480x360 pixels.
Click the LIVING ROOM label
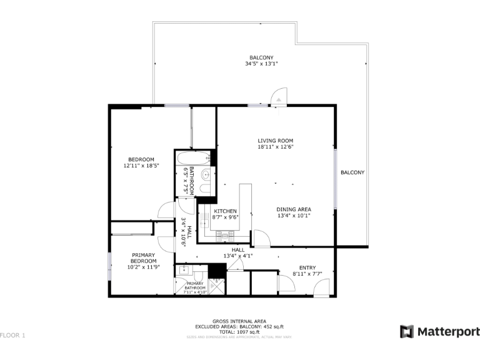pyautogui.click(x=275, y=141)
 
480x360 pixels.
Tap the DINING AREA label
pyautogui.click(x=294, y=209)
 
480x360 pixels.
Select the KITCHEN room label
pyautogui.click(x=225, y=211)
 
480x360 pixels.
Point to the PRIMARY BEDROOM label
pyautogui.click(x=143, y=258)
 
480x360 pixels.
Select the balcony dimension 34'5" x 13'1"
pyautogui.click(x=261, y=64)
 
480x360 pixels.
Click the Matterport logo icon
pyautogui.click(x=407, y=331)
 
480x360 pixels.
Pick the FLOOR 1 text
pyautogui.click(x=12, y=336)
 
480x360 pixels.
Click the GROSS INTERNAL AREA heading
pyautogui.click(x=239, y=321)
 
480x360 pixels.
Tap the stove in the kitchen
pyautogui.click(x=224, y=235)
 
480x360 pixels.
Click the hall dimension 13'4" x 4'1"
pyautogui.click(x=238, y=256)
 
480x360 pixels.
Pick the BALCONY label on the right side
pyautogui.click(x=352, y=172)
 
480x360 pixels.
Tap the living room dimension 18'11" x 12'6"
pyautogui.click(x=275, y=147)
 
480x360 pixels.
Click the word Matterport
pyautogui.click(x=448, y=331)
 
